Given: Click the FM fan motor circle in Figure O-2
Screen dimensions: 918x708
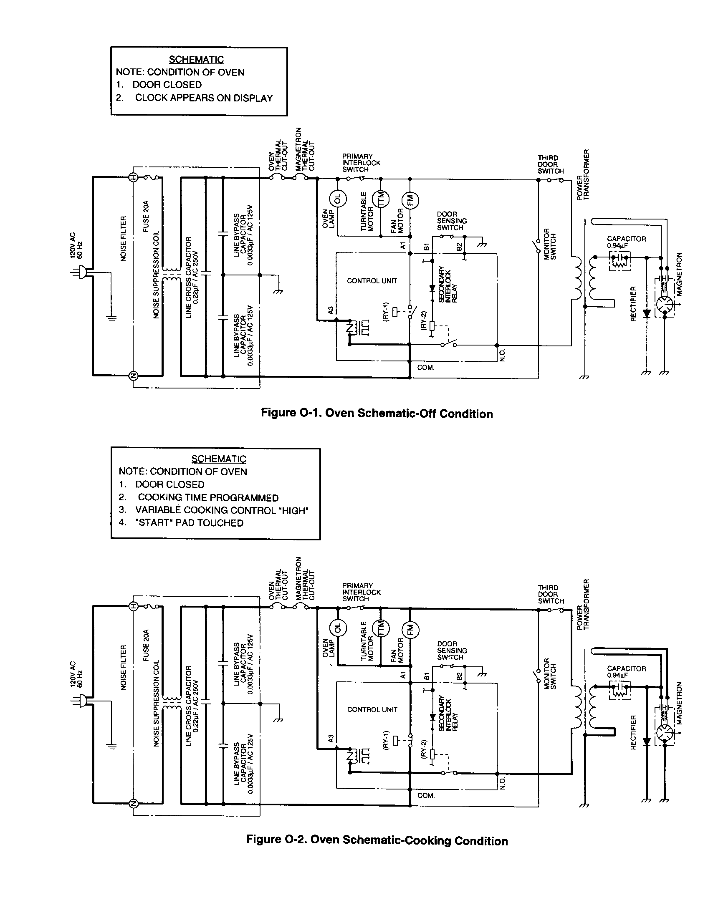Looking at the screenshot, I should pyautogui.click(x=411, y=629).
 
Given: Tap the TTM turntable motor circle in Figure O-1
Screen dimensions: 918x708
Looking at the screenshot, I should pyautogui.click(x=381, y=198).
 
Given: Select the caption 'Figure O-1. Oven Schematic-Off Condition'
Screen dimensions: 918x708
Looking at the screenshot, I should pyautogui.click(x=377, y=413).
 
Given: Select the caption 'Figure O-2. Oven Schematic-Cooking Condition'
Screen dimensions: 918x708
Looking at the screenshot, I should pyautogui.click(x=377, y=840).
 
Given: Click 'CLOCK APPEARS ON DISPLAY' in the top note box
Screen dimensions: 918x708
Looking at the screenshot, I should pyautogui.click(x=203, y=98).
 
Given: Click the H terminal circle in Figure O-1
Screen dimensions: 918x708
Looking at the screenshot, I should pyautogui.click(x=133, y=177).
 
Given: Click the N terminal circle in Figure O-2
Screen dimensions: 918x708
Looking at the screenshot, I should pyautogui.click(x=133, y=804).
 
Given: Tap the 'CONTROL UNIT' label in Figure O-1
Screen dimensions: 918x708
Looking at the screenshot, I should pyautogui.click(x=372, y=281).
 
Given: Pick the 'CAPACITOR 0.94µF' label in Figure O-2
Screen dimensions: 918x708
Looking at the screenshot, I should pyautogui.click(x=626, y=671).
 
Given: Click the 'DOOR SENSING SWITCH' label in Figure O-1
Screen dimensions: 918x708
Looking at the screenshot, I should pyautogui.click(x=452, y=221).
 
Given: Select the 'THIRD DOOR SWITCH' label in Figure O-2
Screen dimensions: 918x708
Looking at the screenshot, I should pyautogui.click(x=550, y=594).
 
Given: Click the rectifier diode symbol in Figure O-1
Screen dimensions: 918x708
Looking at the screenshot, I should pyautogui.click(x=647, y=313).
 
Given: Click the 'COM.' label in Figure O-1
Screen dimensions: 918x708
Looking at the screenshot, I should pyautogui.click(x=425, y=367).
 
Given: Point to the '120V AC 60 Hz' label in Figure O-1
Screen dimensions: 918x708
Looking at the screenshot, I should pyautogui.click(x=76, y=245).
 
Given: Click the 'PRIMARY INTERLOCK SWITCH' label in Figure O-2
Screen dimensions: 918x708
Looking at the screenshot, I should pyautogui.click(x=361, y=592).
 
